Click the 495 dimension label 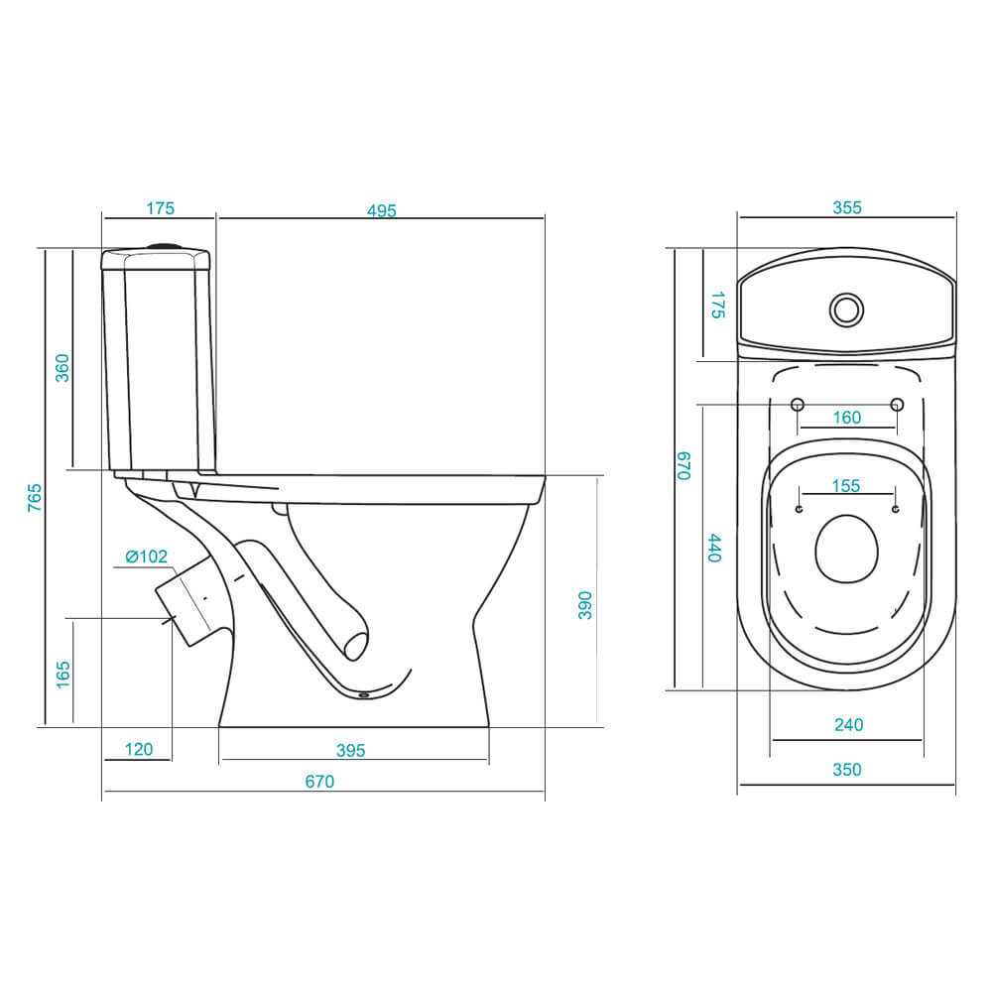click(x=382, y=210)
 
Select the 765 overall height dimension click(x=35, y=497)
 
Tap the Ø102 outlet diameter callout click(x=146, y=557)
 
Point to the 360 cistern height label click(x=62, y=368)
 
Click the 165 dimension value click(x=62, y=675)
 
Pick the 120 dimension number click(x=139, y=750)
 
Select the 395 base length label click(x=350, y=751)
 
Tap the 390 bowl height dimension click(x=585, y=605)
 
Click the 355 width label click(x=847, y=207)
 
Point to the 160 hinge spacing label click(x=847, y=418)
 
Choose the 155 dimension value click(x=846, y=486)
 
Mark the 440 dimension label click(x=714, y=548)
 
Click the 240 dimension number click(x=848, y=725)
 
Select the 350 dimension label click(x=847, y=770)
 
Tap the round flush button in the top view click(x=846, y=310)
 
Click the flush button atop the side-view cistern click(x=167, y=246)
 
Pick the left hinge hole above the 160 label click(x=798, y=405)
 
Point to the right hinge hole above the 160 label click(x=897, y=405)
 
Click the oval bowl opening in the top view click(x=846, y=550)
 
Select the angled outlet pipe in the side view click(x=189, y=601)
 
